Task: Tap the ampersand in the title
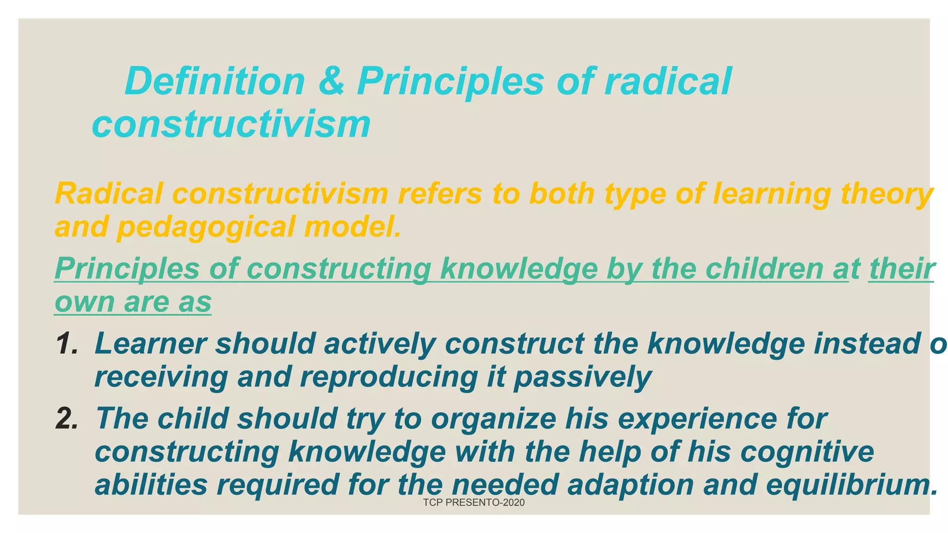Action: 331,81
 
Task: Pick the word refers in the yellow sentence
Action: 440,194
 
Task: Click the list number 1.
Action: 67,344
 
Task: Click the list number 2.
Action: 67,419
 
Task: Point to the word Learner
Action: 150,344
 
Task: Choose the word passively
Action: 583,377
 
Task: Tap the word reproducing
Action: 389,377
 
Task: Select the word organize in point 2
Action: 493,419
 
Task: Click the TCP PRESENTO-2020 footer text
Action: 474,503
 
